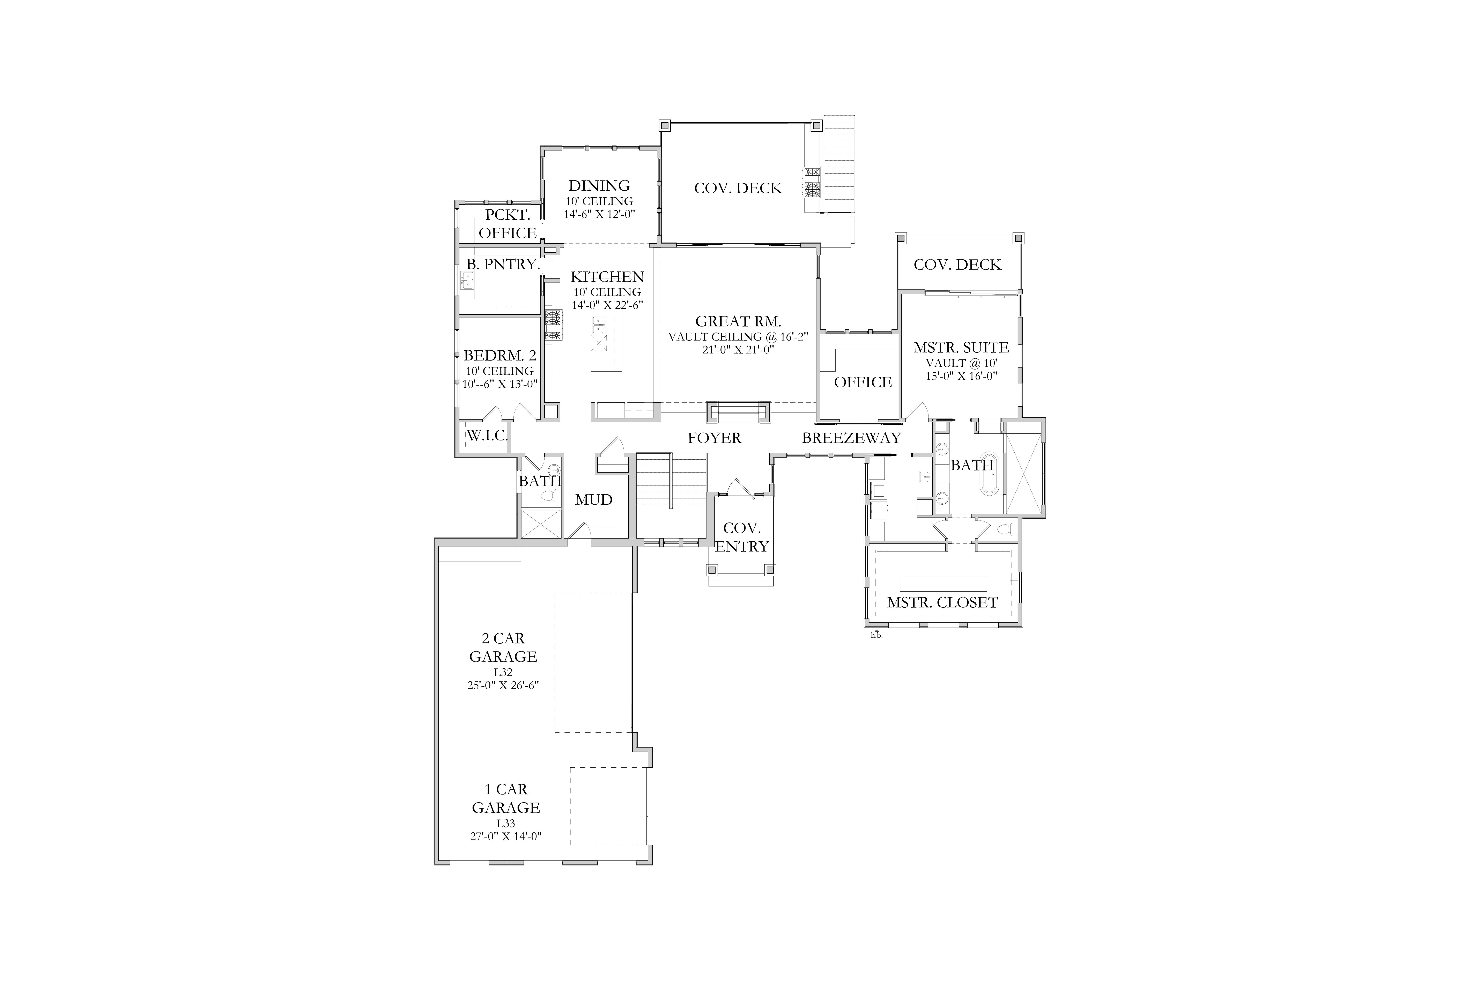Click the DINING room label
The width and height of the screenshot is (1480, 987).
click(599, 186)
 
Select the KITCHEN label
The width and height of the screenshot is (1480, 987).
click(607, 277)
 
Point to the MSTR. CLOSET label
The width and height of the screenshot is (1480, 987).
click(942, 602)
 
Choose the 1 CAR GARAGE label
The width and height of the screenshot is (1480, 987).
click(506, 798)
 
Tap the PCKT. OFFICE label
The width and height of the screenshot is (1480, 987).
click(508, 224)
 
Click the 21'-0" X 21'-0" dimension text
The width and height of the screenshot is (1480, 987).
click(738, 349)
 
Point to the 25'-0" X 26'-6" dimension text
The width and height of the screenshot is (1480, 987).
click(503, 685)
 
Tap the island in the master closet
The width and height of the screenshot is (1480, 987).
click(943, 583)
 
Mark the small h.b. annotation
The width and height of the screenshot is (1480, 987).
click(876, 635)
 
